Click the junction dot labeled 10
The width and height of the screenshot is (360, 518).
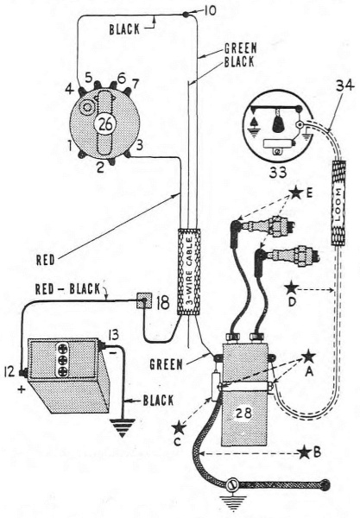(x=186, y=15)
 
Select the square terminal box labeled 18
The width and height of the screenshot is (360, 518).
(x=145, y=300)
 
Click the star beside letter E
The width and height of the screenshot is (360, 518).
(x=296, y=193)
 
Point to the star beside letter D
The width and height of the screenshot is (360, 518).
(x=292, y=287)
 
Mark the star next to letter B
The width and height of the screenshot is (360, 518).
(x=304, y=452)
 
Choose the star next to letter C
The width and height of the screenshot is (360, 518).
(x=179, y=428)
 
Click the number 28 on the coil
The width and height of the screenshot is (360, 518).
(x=243, y=413)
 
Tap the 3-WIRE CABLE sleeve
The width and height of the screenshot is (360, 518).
(x=189, y=272)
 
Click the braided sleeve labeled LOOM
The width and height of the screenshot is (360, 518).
(x=338, y=203)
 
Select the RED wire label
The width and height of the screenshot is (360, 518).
(x=45, y=260)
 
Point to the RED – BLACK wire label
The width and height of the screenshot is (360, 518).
(x=67, y=289)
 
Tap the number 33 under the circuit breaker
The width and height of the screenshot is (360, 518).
(x=277, y=172)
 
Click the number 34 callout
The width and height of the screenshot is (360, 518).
(x=344, y=86)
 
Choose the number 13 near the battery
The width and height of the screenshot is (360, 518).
(x=112, y=336)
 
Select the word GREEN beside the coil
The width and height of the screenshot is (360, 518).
(x=166, y=364)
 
